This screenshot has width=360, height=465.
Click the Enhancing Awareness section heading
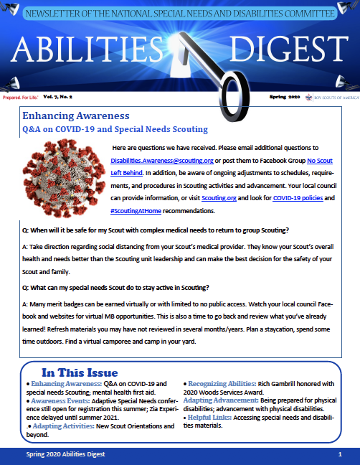(75, 116)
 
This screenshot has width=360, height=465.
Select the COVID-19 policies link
(296, 199)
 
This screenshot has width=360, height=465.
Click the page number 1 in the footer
(338, 456)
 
